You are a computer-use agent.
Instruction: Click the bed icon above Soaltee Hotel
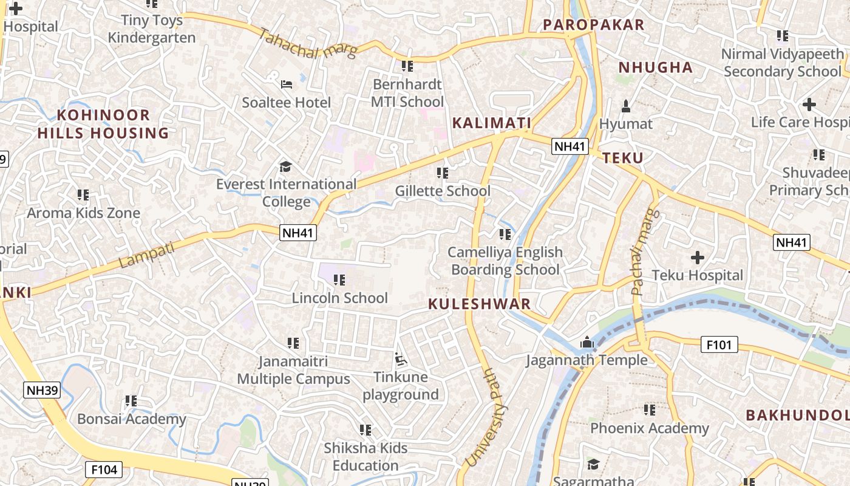(287, 84)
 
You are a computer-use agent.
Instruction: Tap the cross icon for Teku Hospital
(697, 258)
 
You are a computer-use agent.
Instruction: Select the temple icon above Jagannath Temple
(586, 343)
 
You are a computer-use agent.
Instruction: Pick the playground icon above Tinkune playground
(401, 360)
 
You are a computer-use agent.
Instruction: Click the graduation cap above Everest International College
(285, 166)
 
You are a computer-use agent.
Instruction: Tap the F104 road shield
(104, 470)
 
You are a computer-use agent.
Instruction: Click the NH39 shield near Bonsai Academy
(42, 390)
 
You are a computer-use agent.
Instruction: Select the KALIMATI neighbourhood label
(492, 123)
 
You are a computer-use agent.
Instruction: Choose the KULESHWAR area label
(480, 304)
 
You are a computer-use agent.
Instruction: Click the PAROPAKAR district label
(593, 25)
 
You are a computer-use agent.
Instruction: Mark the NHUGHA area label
(655, 67)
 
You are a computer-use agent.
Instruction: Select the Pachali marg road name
(644, 252)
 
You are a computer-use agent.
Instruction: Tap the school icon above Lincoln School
(339, 280)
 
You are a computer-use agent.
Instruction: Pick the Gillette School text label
(443, 191)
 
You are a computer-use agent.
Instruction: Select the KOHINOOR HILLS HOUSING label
(103, 124)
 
